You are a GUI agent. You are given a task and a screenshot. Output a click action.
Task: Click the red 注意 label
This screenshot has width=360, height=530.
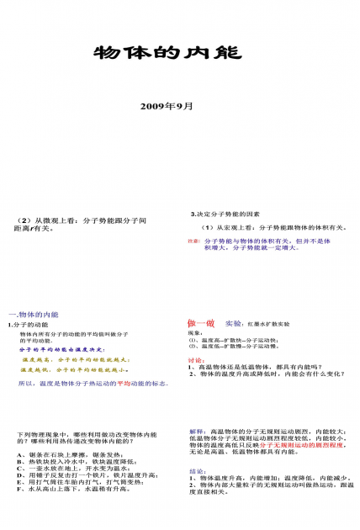point(193,241)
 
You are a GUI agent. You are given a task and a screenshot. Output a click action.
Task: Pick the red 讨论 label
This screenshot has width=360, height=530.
point(195,360)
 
